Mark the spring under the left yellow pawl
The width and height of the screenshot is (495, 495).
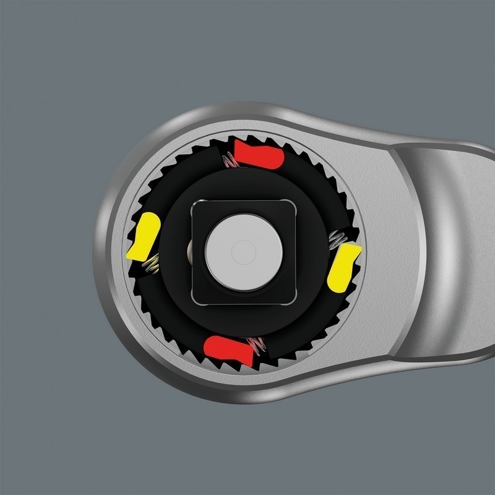click(149, 266)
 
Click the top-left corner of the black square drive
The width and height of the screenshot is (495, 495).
click(196, 204)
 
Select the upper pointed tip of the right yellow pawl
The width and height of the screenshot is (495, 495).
click(358, 246)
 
